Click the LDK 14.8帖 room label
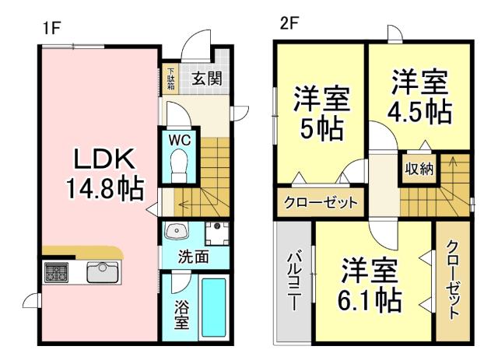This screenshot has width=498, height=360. click(x=107, y=173)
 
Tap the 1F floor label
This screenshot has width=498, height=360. click(x=52, y=24)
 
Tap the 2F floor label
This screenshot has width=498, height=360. click(x=289, y=24)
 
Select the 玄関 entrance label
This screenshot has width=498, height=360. click(x=205, y=78)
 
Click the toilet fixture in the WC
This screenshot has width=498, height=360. click(x=179, y=165)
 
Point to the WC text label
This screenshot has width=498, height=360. click(x=180, y=139)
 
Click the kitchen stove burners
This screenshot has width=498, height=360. click(x=56, y=273)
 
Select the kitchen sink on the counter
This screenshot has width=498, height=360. click(x=101, y=273)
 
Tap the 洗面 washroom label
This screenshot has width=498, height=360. click(x=194, y=257)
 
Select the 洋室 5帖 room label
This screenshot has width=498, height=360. click(x=321, y=114)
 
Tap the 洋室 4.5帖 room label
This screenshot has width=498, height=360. click(x=420, y=96)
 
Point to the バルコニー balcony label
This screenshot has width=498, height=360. click(x=294, y=281)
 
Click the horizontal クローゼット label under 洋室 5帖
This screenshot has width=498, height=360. click(x=320, y=203)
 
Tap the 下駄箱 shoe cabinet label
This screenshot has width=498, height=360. click(x=170, y=79)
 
